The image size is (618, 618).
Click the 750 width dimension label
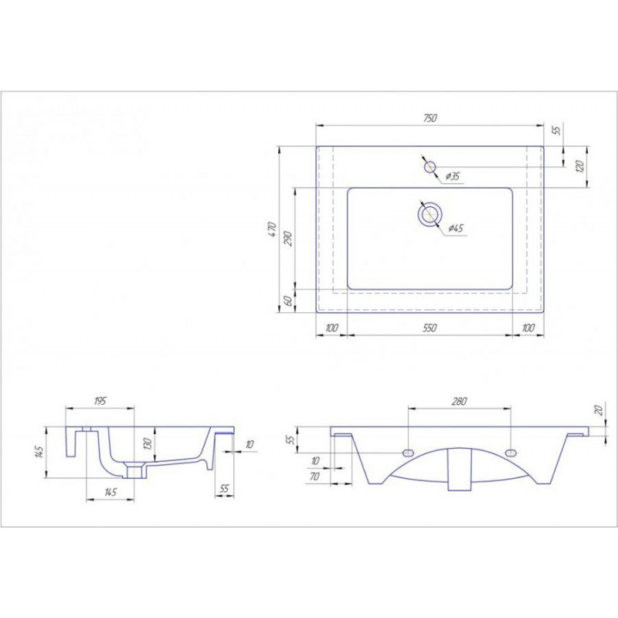(430, 118)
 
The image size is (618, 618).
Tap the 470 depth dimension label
(272, 229)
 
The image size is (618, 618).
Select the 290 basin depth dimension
(288, 239)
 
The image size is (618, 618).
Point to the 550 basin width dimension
(430, 328)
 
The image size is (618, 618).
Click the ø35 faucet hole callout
(453, 176)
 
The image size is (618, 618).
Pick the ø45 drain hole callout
(456, 228)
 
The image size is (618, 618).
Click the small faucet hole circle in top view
(430, 167)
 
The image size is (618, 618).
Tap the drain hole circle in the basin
(430, 215)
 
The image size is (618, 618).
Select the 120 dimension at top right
(579, 167)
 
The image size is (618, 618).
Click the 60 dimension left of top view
(288, 301)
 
